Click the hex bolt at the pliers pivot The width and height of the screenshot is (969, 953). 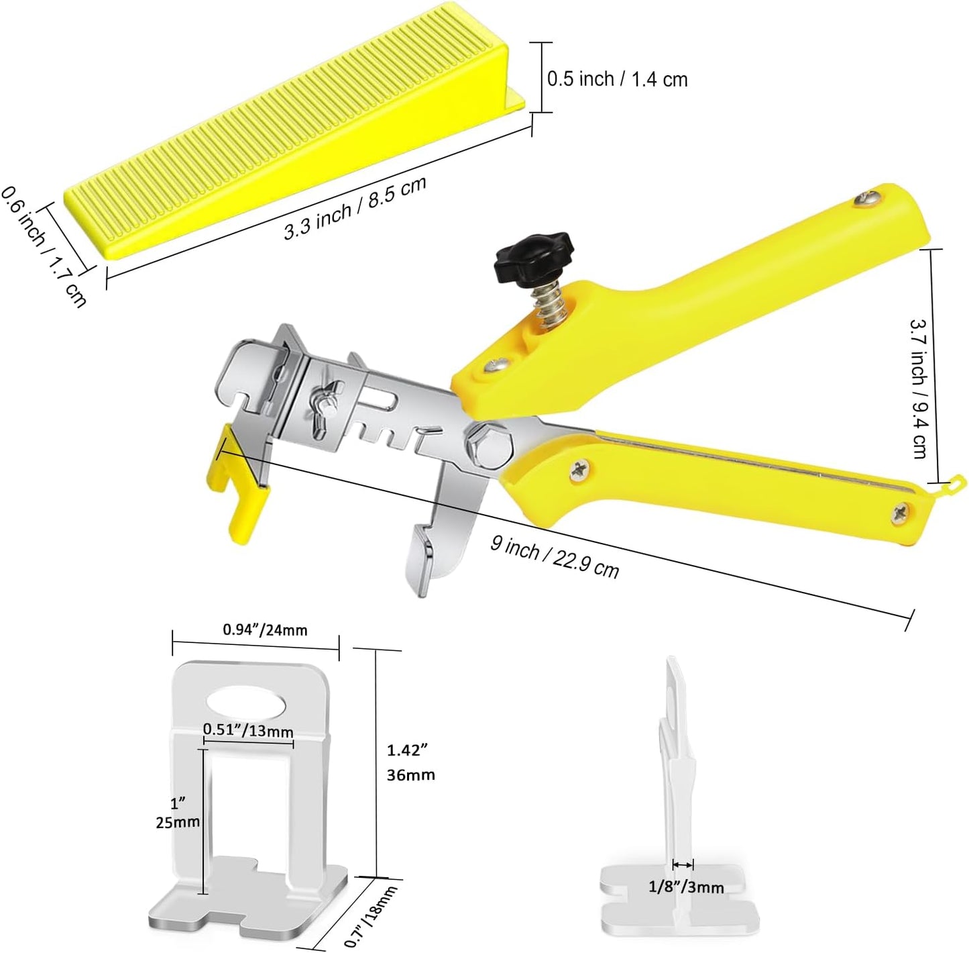click(490, 446)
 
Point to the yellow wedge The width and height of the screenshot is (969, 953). click(295, 134)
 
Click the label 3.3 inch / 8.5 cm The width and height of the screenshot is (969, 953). click(355, 209)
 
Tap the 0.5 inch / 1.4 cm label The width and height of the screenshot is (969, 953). click(617, 79)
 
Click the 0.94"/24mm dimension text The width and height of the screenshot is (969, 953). click(265, 630)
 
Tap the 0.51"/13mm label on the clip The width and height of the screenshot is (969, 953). click(248, 730)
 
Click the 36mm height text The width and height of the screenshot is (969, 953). click(410, 774)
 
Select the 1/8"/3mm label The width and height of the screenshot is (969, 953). click(686, 887)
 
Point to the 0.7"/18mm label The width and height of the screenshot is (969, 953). click(371, 915)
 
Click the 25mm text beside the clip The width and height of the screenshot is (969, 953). click(178, 822)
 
